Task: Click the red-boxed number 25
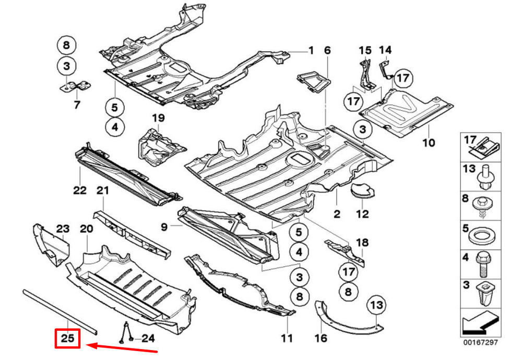tap(68, 339)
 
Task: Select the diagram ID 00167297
tap(480, 343)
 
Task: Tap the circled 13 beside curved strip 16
tap(377, 304)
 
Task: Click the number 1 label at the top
tap(311, 51)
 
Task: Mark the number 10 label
tap(429, 143)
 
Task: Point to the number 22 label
tap(79, 190)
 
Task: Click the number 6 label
tap(327, 51)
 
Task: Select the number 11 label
tap(287, 338)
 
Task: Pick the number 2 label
tap(337, 214)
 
